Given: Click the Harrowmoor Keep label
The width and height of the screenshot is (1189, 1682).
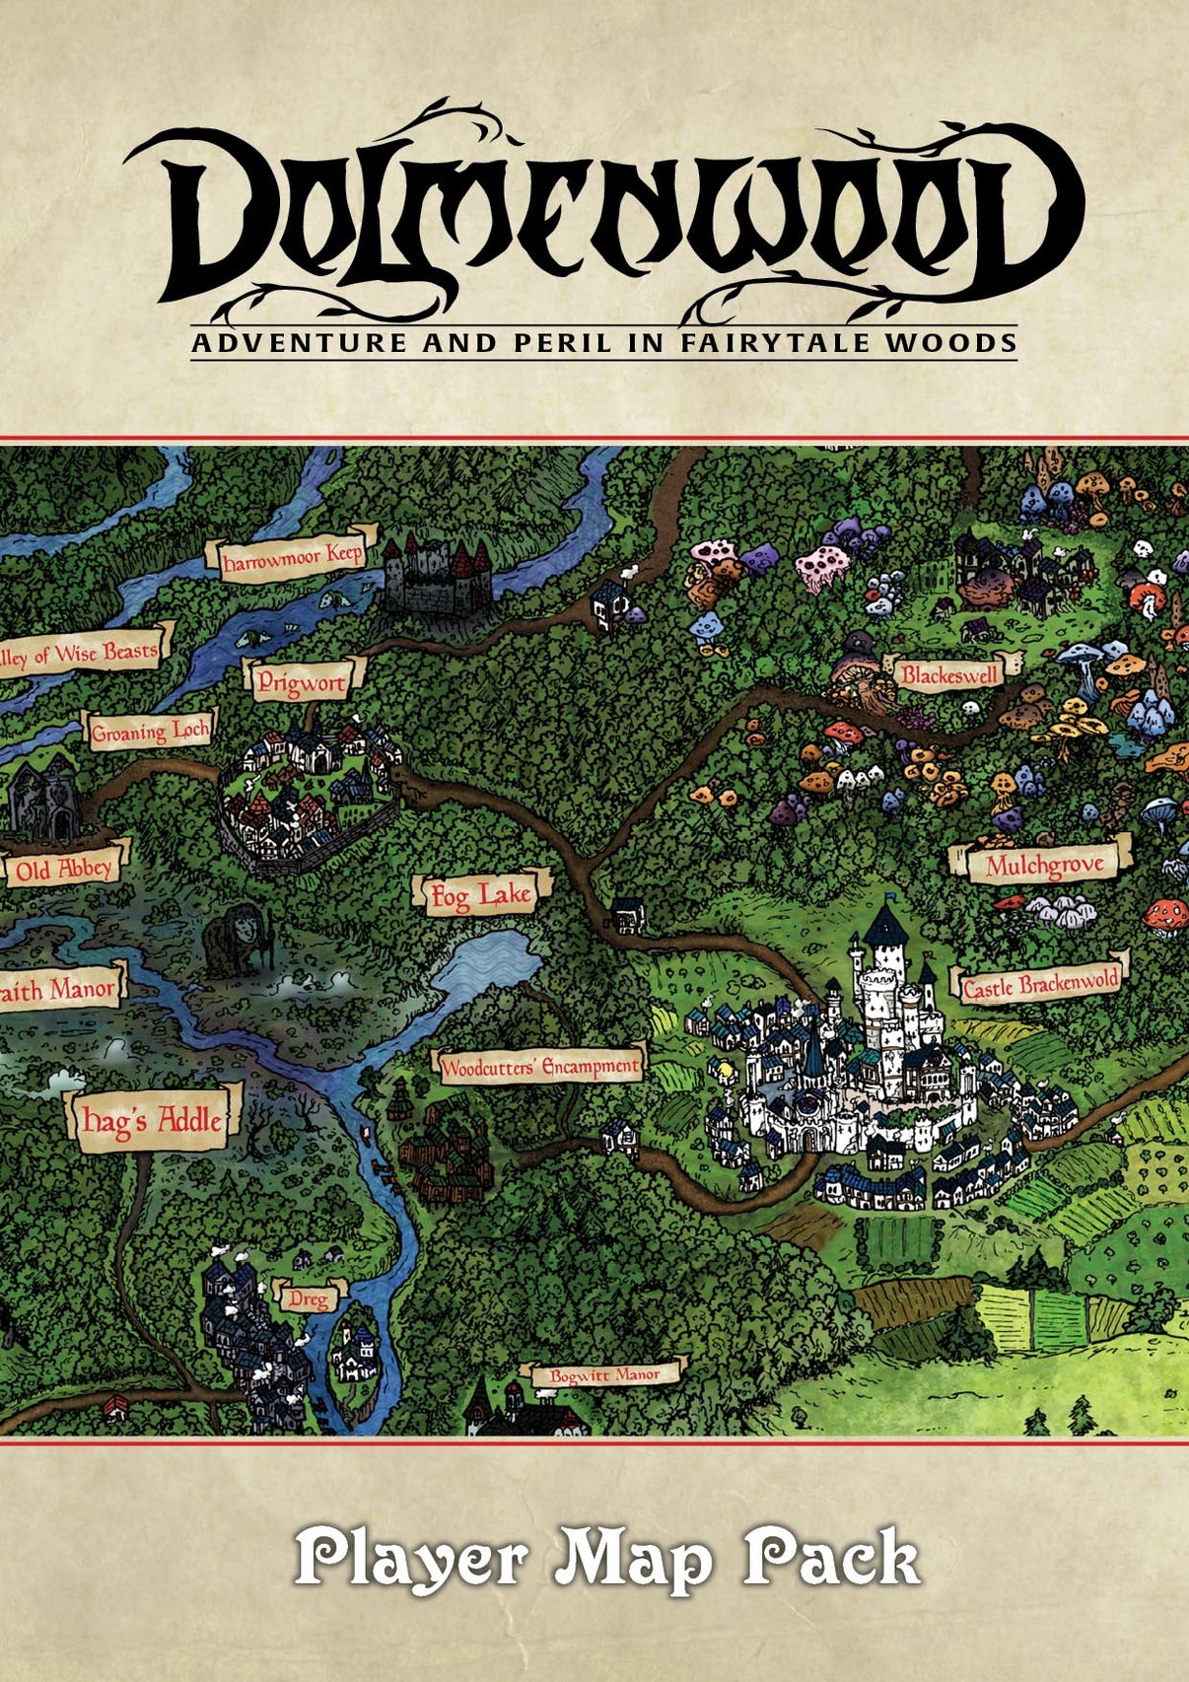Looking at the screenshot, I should pos(292,559).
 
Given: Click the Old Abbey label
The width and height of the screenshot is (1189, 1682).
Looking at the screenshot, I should pos(64,869).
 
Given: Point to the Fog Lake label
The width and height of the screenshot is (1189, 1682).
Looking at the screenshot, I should pos(481,895).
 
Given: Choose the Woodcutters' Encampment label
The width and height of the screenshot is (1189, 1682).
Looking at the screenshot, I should pos(540,1067).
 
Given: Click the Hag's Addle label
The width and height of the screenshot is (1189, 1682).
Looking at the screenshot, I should pos(153,1120).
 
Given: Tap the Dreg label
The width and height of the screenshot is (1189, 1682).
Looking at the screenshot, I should pos(309,1299).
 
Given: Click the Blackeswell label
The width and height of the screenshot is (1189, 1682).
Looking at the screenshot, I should pos(949,675).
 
